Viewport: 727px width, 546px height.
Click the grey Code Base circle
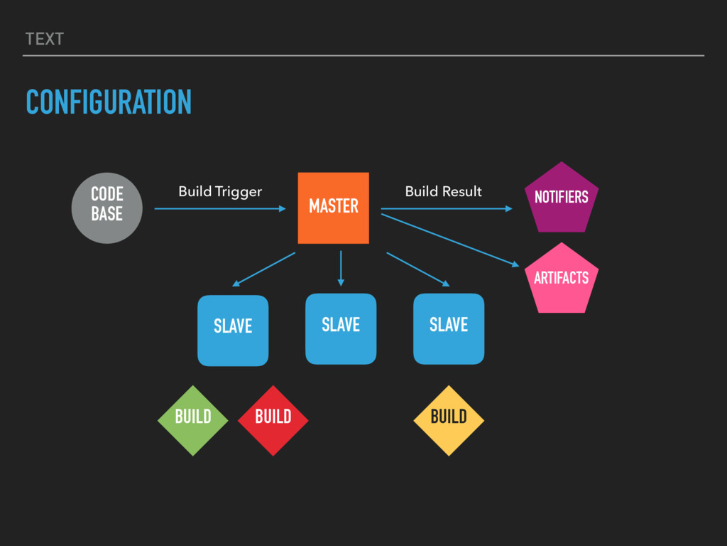106,208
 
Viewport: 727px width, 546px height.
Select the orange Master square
333,208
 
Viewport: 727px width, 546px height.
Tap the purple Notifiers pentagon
561,198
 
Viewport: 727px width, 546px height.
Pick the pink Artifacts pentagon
561,279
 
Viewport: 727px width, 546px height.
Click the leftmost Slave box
233,331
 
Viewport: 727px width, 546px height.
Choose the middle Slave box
341,328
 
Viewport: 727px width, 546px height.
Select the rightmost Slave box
449,328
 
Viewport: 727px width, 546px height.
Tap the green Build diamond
192,420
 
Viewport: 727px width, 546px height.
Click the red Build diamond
273,420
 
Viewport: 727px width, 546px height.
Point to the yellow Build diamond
449,420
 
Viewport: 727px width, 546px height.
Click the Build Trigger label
220,192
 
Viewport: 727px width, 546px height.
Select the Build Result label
443,192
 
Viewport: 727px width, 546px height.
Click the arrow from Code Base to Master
220,209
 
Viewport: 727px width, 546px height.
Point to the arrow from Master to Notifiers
446,209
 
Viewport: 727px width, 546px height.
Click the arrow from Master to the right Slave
417,269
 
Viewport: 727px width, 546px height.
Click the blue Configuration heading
109,102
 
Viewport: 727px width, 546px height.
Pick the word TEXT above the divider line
44,40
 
